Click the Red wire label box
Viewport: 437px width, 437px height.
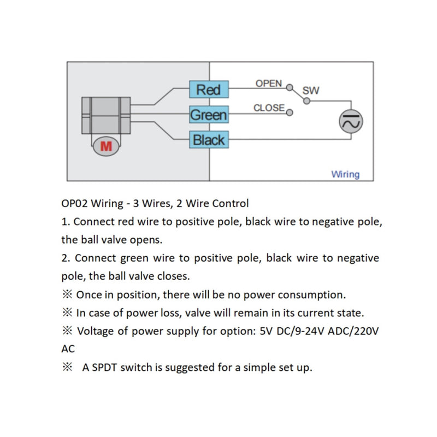[208, 90]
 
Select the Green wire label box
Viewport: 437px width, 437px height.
[208, 115]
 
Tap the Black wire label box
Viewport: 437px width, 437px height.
[208, 140]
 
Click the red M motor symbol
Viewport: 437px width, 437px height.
[106, 146]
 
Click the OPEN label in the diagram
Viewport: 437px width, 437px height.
[269, 84]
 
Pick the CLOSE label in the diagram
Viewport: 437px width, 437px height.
[269, 108]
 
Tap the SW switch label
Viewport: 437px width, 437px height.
[310, 90]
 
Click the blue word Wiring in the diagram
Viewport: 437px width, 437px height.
[345, 174]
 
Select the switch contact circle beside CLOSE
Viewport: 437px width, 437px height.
[290, 113]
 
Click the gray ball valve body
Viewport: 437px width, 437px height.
[106, 115]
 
